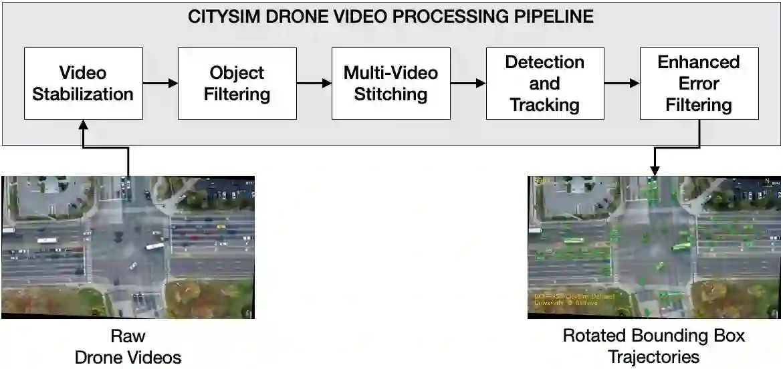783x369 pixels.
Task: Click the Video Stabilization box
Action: (x=83, y=83)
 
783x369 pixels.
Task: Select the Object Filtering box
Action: (x=237, y=83)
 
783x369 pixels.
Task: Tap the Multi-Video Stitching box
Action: (x=390, y=83)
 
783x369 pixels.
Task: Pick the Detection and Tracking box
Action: (x=545, y=83)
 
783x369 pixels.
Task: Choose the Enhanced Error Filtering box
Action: (x=699, y=83)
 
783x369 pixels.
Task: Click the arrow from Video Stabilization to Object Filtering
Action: (x=160, y=84)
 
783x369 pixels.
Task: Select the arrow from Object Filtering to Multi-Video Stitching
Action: (x=314, y=84)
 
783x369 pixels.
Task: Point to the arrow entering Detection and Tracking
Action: (x=468, y=84)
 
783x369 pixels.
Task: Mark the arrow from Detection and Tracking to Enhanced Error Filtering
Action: (x=622, y=84)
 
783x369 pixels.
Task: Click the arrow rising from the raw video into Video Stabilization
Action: (x=128, y=147)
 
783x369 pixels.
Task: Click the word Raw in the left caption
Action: (x=128, y=336)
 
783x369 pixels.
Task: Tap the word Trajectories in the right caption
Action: (x=654, y=357)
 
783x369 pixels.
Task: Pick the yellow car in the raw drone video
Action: (x=221, y=227)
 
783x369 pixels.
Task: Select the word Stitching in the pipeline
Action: (x=390, y=94)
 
